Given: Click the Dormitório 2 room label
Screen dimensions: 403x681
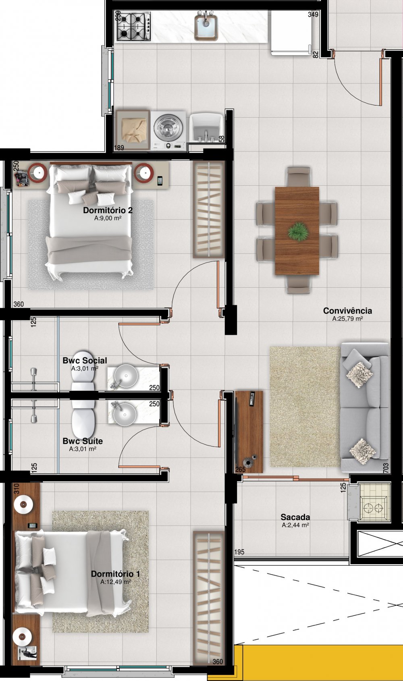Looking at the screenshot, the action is pyautogui.click(x=108, y=210).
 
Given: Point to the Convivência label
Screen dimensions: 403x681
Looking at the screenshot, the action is pyautogui.click(x=347, y=311).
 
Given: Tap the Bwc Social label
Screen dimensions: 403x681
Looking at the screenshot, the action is pyautogui.click(x=85, y=361).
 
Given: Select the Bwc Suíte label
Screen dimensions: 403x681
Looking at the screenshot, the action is pyautogui.click(x=83, y=441).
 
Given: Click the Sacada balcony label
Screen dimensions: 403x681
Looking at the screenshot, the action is pyautogui.click(x=295, y=517).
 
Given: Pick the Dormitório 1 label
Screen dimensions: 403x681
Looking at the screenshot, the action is pyautogui.click(x=116, y=574).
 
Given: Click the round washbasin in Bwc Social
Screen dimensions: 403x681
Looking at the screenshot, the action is pyautogui.click(x=125, y=376).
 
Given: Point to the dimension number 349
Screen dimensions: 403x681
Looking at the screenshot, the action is pyautogui.click(x=313, y=14).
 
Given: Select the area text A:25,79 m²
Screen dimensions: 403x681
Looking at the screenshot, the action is pyautogui.click(x=347, y=319).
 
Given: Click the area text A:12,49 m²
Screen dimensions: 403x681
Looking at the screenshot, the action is pyautogui.click(x=116, y=581).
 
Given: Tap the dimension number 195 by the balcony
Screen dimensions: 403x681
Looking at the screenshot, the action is pyautogui.click(x=239, y=552).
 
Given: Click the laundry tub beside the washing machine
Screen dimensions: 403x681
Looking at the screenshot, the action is pyautogui.click(x=206, y=127).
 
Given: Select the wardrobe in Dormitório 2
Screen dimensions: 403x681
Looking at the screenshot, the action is pyautogui.click(x=209, y=210).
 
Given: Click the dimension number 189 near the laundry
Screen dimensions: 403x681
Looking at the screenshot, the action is pyautogui.click(x=119, y=148).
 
